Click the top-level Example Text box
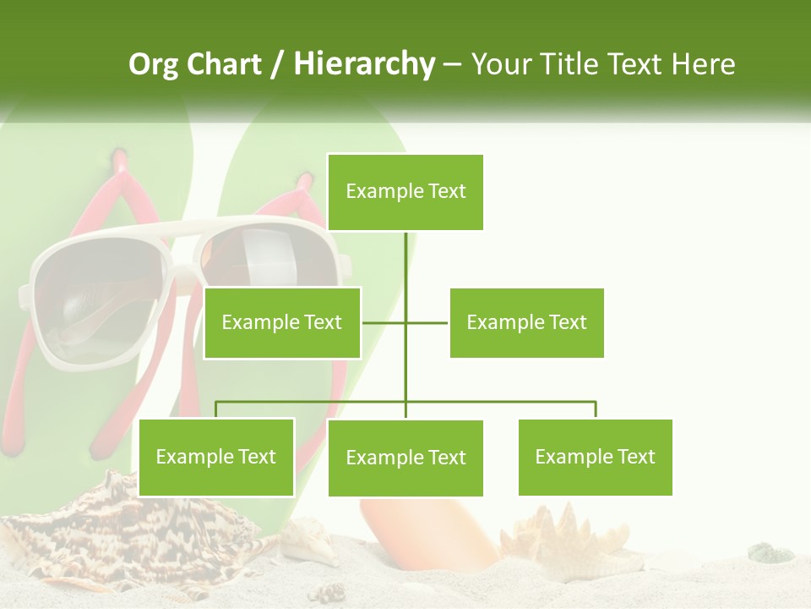tap(405, 192)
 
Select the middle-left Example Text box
tap(282, 322)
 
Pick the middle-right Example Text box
tap(526, 322)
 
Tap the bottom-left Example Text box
tap(216, 457)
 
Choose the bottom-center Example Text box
tap(405, 458)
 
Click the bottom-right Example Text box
tap(595, 457)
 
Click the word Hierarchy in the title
tap(364, 64)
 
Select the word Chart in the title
tap(225, 64)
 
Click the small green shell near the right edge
tap(770, 553)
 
